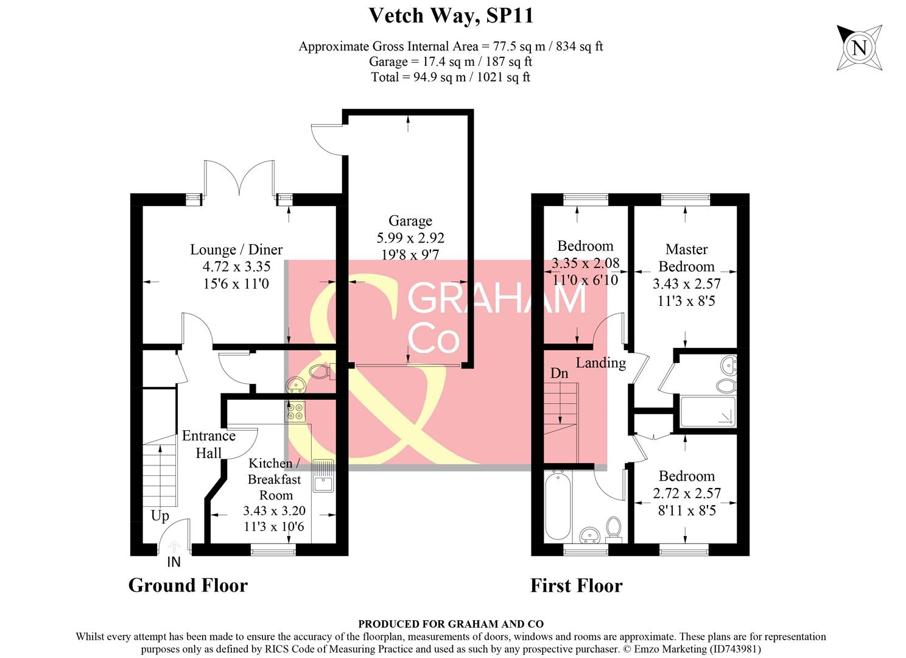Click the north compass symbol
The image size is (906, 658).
click(859, 48)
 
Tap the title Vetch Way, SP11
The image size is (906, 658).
click(451, 16)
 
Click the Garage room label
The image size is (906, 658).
click(410, 221)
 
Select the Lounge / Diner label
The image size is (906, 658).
click(236, 249)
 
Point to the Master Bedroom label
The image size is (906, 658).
click(686, 258)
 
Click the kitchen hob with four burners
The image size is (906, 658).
click(295, 412)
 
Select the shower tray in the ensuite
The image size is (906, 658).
click(708, 412)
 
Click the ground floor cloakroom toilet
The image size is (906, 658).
click(321, 370)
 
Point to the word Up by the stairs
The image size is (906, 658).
click(160, 516)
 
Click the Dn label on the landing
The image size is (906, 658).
click(559, 373)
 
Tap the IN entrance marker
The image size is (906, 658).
click(174, 562)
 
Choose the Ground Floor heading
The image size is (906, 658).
click(188, 585)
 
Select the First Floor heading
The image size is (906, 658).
click(576, 585)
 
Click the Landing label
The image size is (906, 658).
click(600, 363)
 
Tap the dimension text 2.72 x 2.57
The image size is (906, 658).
click(687, 493)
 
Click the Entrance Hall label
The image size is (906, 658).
click(209, 444)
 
